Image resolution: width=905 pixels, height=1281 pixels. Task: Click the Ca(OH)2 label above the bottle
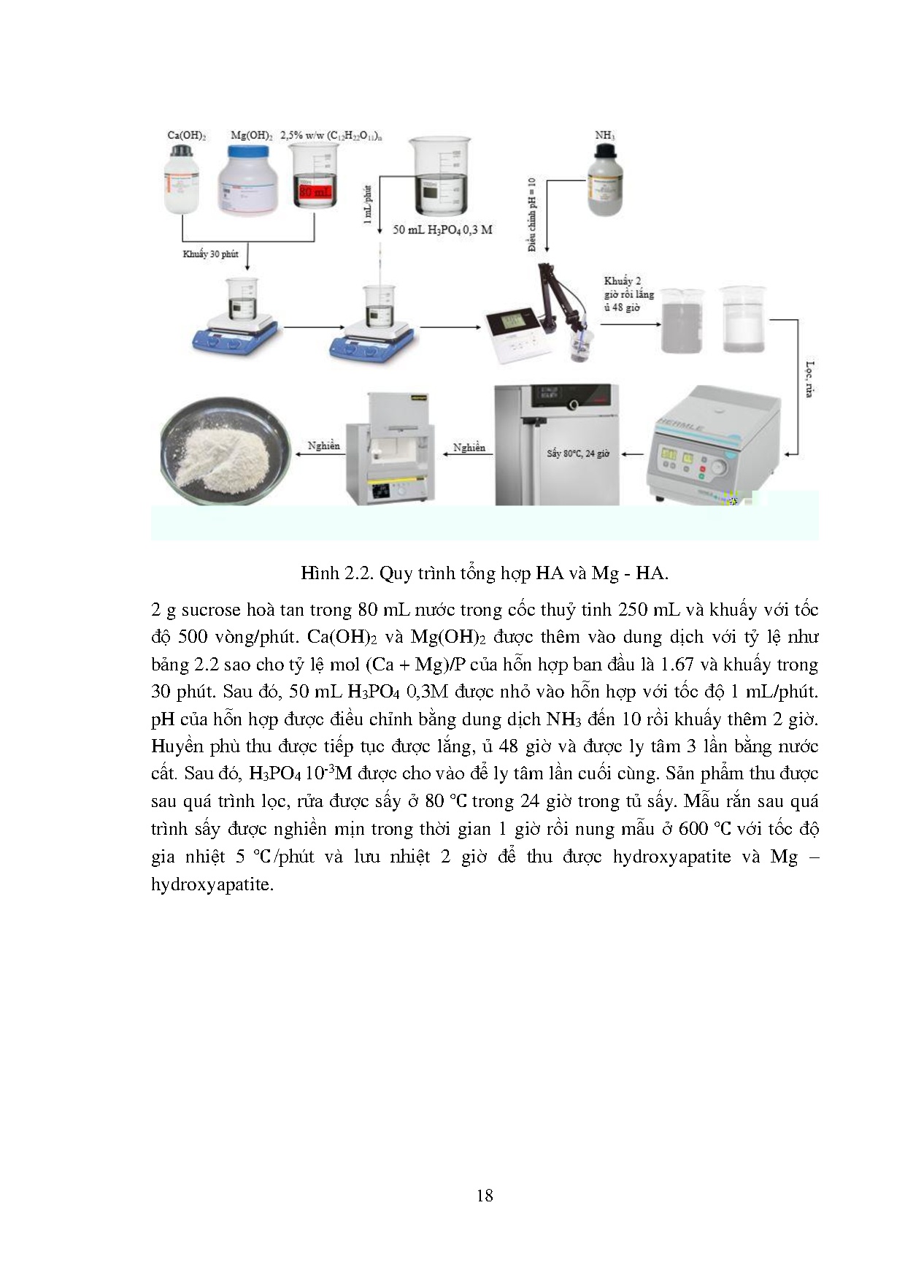coord(187,135)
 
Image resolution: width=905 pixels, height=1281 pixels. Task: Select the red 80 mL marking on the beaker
coord(315,193)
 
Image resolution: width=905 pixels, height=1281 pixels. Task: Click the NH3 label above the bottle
coord(604,135)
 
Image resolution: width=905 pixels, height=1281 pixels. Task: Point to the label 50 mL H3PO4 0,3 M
coord(442,229)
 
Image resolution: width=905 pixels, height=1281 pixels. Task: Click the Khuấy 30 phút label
coord(210,254)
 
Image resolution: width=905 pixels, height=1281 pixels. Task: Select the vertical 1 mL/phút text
coord(368,204)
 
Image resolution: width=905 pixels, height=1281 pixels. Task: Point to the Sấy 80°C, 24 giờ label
coord(578,454)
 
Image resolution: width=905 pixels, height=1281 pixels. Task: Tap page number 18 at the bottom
coord(484,1195)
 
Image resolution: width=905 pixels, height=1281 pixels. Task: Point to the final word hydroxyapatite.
coord(211,884)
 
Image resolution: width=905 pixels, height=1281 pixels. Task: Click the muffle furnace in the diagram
coord(393,449)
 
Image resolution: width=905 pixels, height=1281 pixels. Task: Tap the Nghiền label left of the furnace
coord(323,446)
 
